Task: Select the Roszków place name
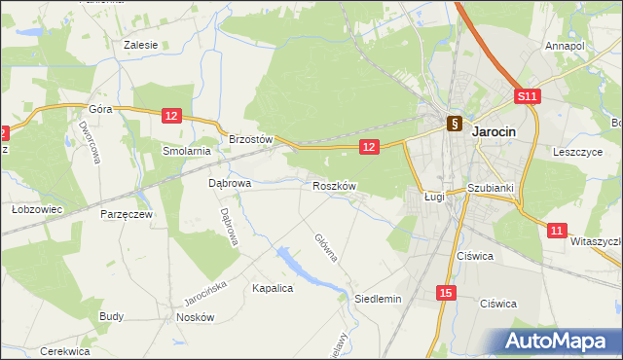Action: pos(335,185)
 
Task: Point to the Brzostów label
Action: pos(250,139)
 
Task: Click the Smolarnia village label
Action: pos(187,151)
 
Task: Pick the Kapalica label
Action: pos(273,288)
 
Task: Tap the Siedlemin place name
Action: pos(378,299)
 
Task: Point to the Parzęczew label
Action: pos(127,213)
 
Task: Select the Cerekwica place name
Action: pos(65,351)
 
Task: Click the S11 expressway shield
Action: pos(527,96)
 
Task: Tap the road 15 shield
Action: pos(446,293)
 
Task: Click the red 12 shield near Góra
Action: pos(171,116)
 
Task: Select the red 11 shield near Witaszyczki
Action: pos(556,230)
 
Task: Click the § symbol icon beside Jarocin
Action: pos(454,124)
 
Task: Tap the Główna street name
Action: pos(325,247)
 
